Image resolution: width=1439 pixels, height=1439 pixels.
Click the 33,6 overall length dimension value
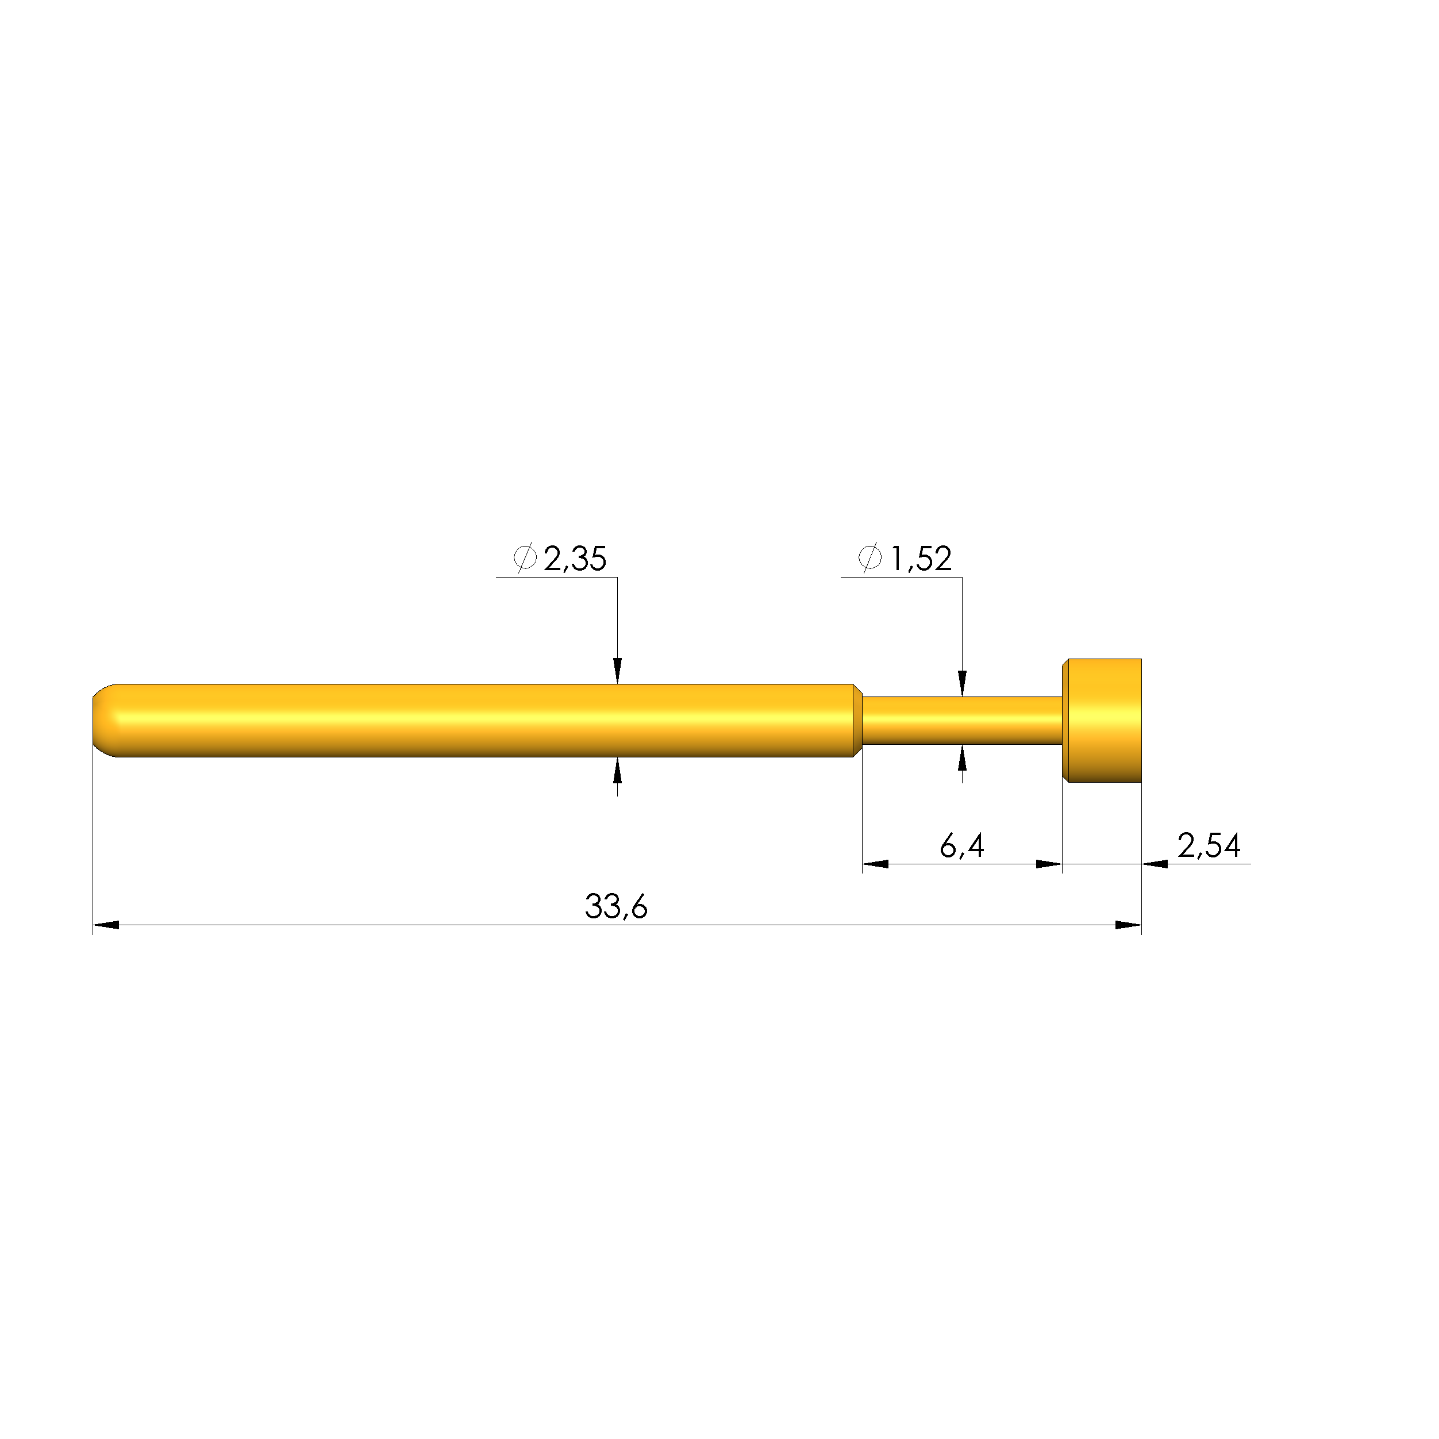tap(616, 906)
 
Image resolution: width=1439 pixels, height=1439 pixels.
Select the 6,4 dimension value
tap(961, 845)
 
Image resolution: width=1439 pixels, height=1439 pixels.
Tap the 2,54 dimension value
tap(1208, 845)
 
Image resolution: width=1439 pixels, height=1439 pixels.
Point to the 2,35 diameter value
tap(575, 559)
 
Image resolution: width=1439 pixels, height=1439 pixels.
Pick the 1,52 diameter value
tap(921, 559)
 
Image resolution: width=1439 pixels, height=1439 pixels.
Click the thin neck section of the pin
tap(961, 720)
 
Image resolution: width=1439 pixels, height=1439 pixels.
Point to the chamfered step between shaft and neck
tap(857, 720)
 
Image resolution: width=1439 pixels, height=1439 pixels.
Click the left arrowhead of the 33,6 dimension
tap(105, 925)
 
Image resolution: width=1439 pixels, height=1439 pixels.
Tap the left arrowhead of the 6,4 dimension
tap(875, 864)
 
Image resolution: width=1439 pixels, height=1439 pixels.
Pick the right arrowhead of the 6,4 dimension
tap(1049, 864)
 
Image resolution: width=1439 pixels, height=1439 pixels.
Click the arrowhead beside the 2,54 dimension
tap(1155, 864)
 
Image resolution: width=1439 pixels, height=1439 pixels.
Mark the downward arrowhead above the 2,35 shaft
tap(617, 670)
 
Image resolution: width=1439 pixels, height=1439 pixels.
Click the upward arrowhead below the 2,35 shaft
tap(617, 771)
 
